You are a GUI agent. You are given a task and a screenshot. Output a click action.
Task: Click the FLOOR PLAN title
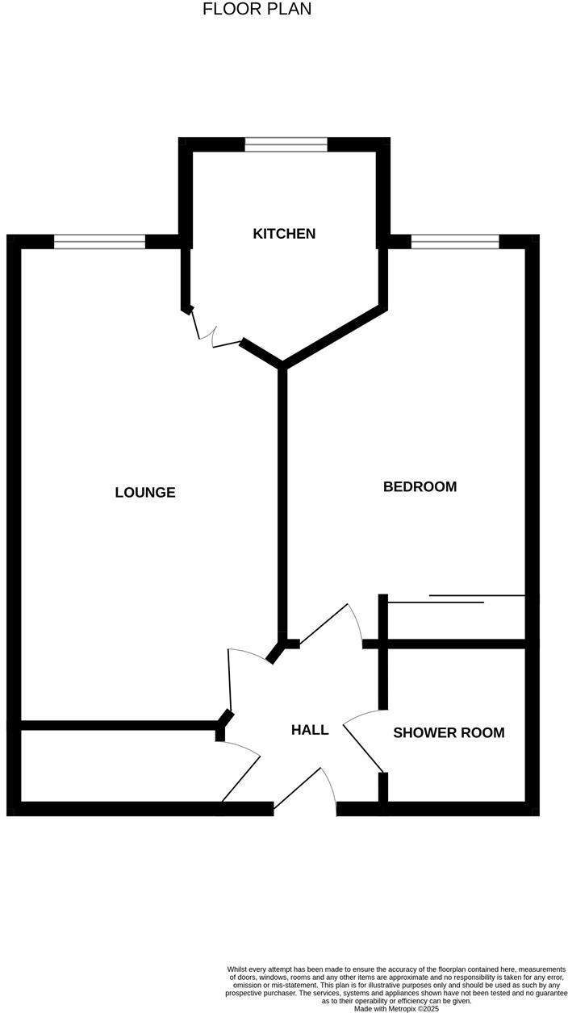[257, 10]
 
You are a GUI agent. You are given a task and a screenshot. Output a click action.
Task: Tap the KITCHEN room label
[284, 234]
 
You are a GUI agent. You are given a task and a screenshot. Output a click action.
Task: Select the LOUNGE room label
[145, 492]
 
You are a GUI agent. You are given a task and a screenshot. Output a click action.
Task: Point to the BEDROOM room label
[420, 486]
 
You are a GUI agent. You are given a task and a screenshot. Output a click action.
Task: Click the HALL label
[310, 730]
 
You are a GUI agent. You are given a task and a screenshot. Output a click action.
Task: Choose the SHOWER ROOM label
[449, 733]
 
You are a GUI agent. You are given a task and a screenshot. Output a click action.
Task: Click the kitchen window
[286, 144]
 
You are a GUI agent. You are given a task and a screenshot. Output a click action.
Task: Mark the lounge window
[99, 241]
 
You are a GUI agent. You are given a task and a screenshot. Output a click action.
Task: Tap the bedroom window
[455, 241]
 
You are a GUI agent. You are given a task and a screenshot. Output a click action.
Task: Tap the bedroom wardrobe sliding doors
[457, 599]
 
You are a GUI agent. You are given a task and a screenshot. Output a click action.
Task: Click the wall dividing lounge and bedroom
[282, 500]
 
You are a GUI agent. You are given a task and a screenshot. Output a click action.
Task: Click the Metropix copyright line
[395, 1008]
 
